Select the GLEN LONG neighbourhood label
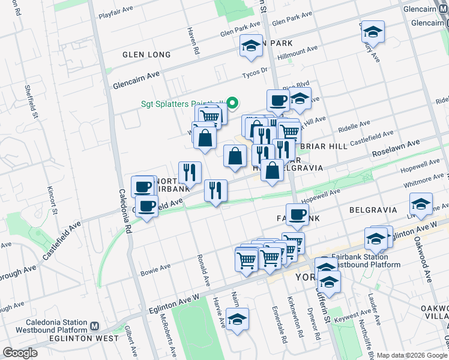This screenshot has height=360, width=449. click(x=146, y=55)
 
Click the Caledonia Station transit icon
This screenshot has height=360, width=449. click(x=94, y=327)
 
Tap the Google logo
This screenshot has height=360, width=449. click(x=20, y=353)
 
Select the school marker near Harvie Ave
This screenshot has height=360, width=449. click(x=238, y=320)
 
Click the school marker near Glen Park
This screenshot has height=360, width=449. click(x=251, y=45)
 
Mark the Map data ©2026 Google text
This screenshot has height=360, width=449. click(x=412, y=355)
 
